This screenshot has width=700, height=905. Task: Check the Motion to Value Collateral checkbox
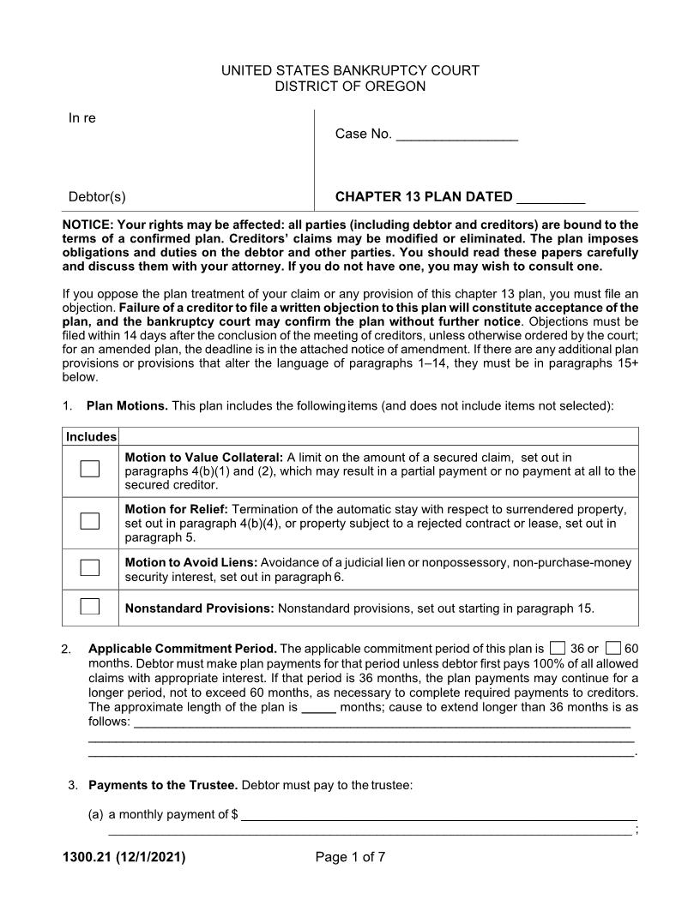point(90,469)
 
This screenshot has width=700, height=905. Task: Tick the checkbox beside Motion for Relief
point(90,521)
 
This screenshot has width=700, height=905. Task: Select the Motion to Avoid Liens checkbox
point(90,567)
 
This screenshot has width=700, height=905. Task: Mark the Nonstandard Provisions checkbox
point(90,607)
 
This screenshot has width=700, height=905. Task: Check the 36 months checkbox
point(558,648)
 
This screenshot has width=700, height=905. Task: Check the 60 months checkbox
point(612,648)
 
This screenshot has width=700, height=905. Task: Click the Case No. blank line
point(457,135)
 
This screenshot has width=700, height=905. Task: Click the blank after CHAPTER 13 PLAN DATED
point(550,197)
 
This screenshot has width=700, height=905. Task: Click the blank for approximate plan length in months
point(319,708)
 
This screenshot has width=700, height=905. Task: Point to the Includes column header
point(91,437)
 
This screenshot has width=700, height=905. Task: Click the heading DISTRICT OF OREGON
point(350,87)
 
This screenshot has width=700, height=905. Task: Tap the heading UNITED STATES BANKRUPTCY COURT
point(350,70)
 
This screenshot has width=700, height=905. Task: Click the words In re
point(82,118)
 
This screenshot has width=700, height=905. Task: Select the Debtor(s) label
point(97,197)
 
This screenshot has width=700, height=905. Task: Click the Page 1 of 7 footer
point(350,856)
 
